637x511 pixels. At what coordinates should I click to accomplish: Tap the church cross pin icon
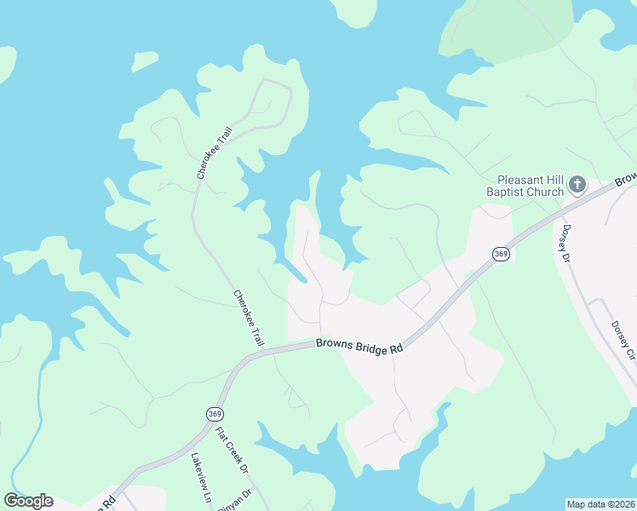point(577,184)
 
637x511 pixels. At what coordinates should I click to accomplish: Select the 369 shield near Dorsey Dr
point(501,254)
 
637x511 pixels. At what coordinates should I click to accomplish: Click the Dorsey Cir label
point(623,342)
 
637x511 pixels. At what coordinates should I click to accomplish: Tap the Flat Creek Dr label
point(231,451)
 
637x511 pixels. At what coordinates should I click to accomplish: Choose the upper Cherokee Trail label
point(203,152)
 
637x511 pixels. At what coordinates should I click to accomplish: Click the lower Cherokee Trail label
point(248,318)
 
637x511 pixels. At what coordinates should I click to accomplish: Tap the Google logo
point(28,501)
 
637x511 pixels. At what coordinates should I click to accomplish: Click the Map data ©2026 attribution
point(600,504)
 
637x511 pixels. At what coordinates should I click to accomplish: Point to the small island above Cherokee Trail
point(145,60)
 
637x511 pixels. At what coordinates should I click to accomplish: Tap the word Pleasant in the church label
point(519,180)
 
